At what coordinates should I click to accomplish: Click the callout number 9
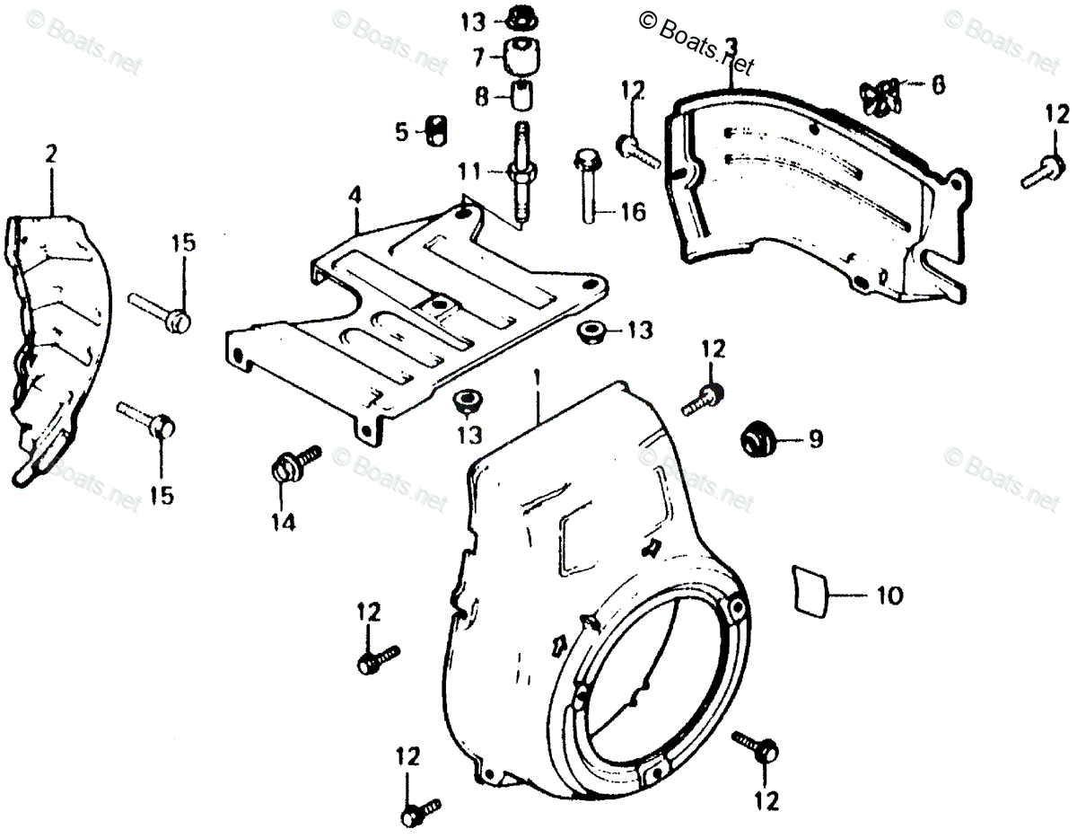[x=814, y=439]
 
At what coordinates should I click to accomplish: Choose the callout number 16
[x=632, y=212]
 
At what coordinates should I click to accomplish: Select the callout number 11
[x=468, y=170]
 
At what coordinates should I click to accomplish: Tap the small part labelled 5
[x=436, y=131]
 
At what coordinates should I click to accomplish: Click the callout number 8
[x=483, y=95]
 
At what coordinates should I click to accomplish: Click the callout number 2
[x=50, y=154]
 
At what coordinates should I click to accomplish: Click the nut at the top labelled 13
[x=520, y=17]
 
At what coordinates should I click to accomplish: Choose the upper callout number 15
[x=183, y=243]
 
